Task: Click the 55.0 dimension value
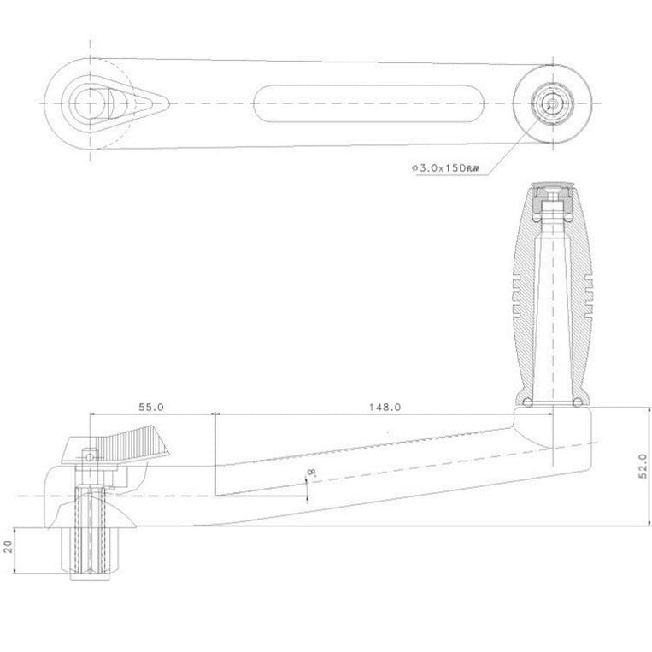pos(150,408)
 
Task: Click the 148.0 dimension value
pos(385,408)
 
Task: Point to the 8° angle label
pos(312,473)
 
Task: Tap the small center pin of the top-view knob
pos(552,103)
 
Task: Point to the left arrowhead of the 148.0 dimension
pos(217,416)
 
